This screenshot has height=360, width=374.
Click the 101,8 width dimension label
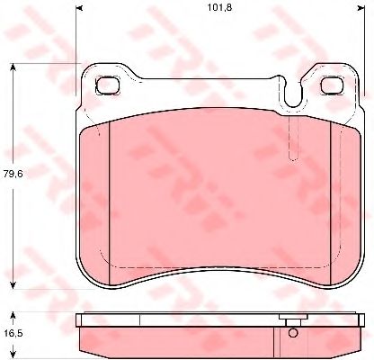(x=220, y=7)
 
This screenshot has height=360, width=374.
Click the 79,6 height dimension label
(x=13, y=174)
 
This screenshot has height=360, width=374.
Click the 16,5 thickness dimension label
(x=13, y=333)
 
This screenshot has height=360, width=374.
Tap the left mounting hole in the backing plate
(x=108, y=85)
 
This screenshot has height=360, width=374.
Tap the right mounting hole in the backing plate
(x=333, y=85)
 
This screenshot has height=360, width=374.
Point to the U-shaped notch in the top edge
(x=292, y=93)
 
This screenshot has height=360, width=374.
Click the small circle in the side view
(x=293, y=333)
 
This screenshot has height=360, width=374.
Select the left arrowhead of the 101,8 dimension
(x=78, y=8)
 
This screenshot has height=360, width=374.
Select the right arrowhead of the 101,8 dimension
(x=361, y=8)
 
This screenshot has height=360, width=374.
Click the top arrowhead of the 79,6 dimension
(x=13, y=67)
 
